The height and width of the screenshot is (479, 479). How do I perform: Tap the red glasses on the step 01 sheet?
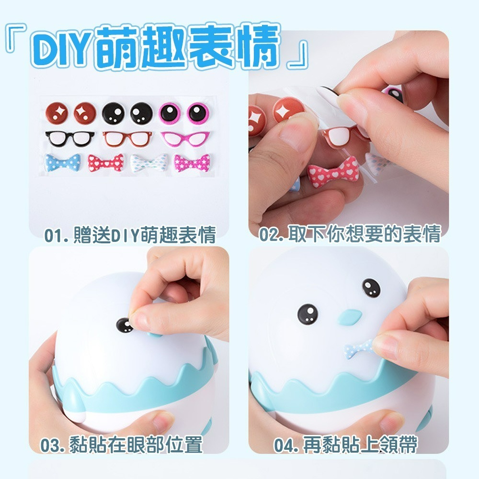coord(126,138)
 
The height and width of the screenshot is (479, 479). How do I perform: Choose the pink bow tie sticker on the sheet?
coord(190,163)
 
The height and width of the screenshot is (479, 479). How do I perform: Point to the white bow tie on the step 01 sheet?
coord(149,162)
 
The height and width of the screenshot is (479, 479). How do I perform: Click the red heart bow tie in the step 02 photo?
coord(332,175)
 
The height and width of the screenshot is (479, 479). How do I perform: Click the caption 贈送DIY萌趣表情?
coord(130,236)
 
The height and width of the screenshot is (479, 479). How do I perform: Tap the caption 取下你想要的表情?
coord(350,235)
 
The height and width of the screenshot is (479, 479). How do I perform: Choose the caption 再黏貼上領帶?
coord(345,445)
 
